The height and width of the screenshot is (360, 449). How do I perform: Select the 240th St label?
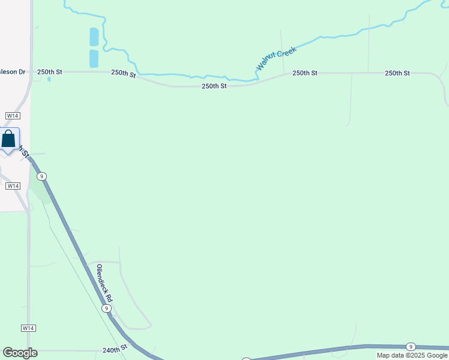coord(115,348)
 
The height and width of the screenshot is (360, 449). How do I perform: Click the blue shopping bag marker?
coord(9,140)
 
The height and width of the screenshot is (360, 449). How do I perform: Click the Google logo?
coord(20,353)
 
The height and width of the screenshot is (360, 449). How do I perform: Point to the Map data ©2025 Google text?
coord(412,355)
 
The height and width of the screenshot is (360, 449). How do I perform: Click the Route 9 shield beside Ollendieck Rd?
coord(106,308)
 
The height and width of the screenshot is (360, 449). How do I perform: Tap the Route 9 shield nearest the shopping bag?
coord(41,176)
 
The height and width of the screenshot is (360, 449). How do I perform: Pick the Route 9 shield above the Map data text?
coord(411,347)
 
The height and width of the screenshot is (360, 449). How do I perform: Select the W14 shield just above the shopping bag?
coord(12,115)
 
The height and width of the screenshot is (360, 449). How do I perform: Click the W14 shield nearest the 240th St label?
coord(28,328)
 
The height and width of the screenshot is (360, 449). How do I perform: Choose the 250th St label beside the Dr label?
coord(50,72)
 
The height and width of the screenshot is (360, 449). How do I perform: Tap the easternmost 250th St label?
coord(397,73)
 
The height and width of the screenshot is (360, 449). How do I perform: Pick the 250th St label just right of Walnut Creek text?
coord(305,73)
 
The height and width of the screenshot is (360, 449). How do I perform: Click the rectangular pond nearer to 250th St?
coord(94,58)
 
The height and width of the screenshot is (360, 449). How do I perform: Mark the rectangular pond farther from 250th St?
coord(94,37)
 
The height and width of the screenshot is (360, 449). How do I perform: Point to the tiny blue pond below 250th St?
coord(49,79)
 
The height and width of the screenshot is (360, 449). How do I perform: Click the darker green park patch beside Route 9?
coord(39,190)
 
